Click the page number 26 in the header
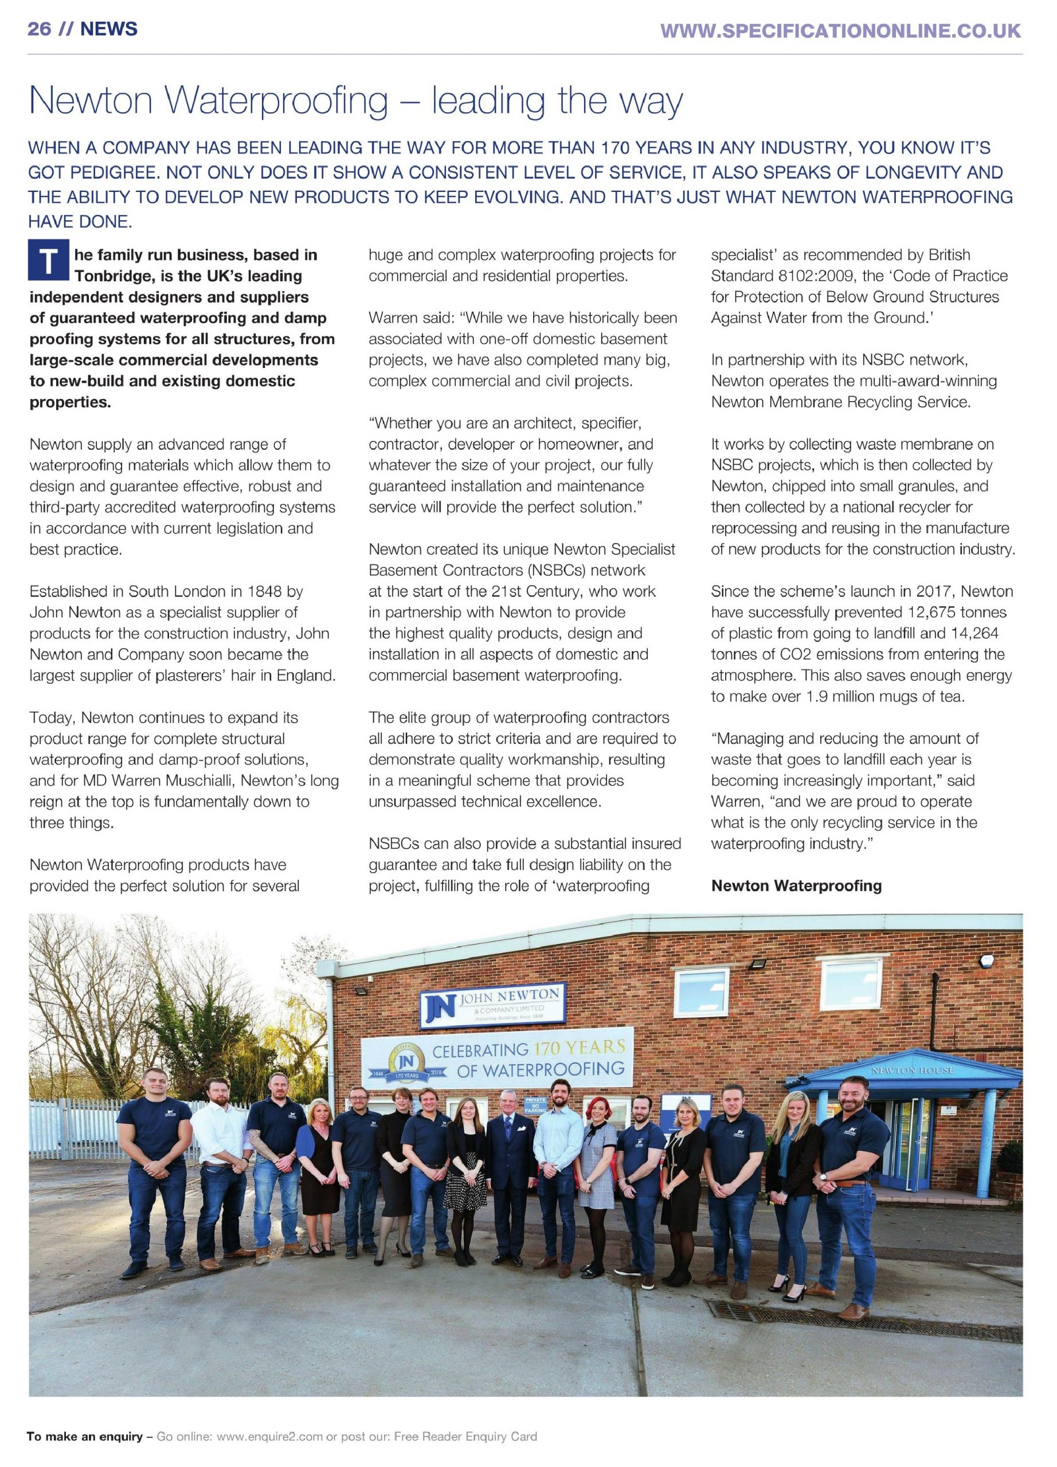[39, 29]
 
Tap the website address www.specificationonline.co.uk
[840, 30]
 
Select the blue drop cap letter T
[48, 261]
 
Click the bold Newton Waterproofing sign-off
[796, 885]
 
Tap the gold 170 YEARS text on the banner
[578, 1047]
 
